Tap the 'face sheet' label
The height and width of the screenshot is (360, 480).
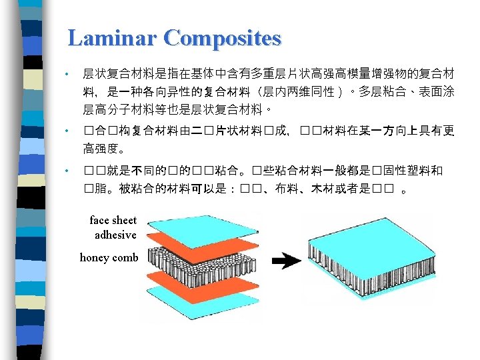pos(113,221)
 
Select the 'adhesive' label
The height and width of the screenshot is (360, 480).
pos(115,235)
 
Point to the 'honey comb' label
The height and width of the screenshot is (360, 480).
pos(109,257)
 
